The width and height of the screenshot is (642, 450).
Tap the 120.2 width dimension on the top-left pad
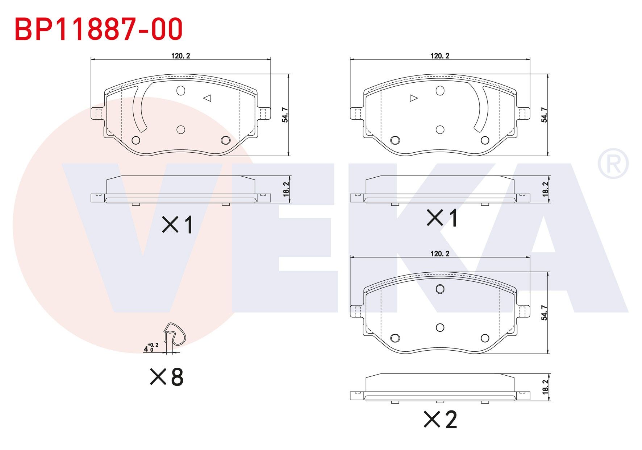coord(180,56)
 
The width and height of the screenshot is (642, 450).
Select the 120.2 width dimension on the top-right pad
coord(439,56)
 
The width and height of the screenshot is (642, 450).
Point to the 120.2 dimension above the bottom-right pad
coord(439,254)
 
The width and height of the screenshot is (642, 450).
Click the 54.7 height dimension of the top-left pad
coord(285,115)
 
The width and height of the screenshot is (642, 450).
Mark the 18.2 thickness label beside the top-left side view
coord(286,189)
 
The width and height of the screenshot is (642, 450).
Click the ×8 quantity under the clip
coord(167,377)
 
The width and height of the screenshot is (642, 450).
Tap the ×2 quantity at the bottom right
coord(441,420)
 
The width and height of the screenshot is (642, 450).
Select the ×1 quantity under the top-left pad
coord(178,224)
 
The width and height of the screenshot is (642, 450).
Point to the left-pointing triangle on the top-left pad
coord(207,98)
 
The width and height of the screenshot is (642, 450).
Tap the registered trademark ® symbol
coord(613,164)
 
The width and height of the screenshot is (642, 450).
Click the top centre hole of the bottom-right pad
coord(440,289)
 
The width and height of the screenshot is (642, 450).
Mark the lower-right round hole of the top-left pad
coord(225,140)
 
